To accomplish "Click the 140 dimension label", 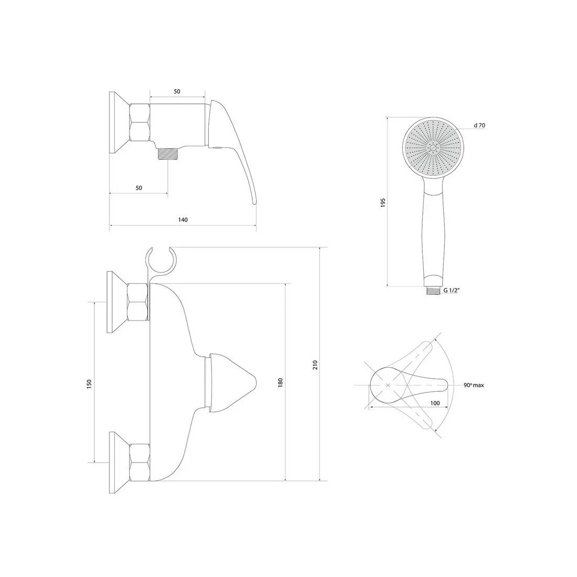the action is pyautogui.click(x=183, y=220).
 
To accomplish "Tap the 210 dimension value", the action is pyautogui.click(x=315, y=365).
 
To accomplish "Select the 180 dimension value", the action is pyautogui.click(x=281, y=382).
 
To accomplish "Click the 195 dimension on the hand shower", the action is pyautogui.click(x=383, y=203).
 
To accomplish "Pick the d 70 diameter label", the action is pyautogui.click(x=479, y=125).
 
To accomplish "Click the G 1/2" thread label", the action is pyautogui.click(x=452, y=291).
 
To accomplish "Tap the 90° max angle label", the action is pyautogui.click(x=474, y=385).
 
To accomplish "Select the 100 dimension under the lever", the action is pyautogui.click(x=435, y=403).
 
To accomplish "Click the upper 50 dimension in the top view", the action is pyautogui.click(x=177, y=91).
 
